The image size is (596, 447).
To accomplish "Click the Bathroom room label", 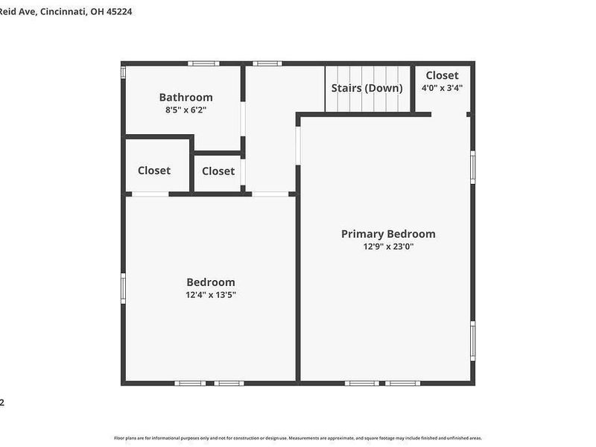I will coord(186,97).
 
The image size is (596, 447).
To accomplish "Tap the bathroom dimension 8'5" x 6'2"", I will coord(186,110).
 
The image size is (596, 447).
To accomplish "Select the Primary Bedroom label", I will coord(388,234).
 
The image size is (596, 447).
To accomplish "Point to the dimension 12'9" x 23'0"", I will coord(388,247).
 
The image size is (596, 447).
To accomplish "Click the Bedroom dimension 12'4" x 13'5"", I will coord(211,295).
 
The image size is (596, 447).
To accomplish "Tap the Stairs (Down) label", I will coord(367,88).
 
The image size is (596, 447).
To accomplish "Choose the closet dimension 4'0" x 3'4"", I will coord(443,88).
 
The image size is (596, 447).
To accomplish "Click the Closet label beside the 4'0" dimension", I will coord(443,75).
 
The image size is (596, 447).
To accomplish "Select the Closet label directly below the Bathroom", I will coord(154,171).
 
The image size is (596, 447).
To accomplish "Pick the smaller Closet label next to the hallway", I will coord(218,171).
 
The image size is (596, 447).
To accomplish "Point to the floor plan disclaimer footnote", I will coord(298,438).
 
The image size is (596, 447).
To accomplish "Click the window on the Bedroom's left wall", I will coord(124,288).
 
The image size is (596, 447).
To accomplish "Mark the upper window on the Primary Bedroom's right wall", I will coord(472,167).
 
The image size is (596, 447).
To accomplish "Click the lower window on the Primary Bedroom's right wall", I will coord(472,340).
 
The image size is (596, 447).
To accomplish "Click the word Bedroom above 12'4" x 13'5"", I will coord(211,282).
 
